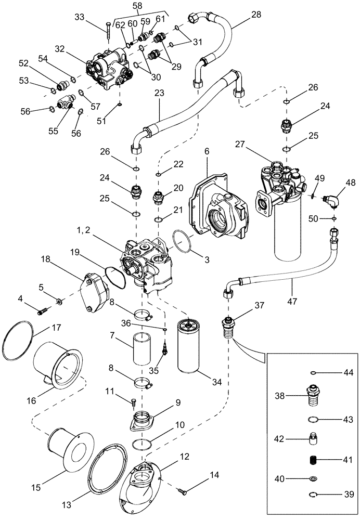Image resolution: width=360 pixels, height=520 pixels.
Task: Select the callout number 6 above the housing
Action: [207, 150]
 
